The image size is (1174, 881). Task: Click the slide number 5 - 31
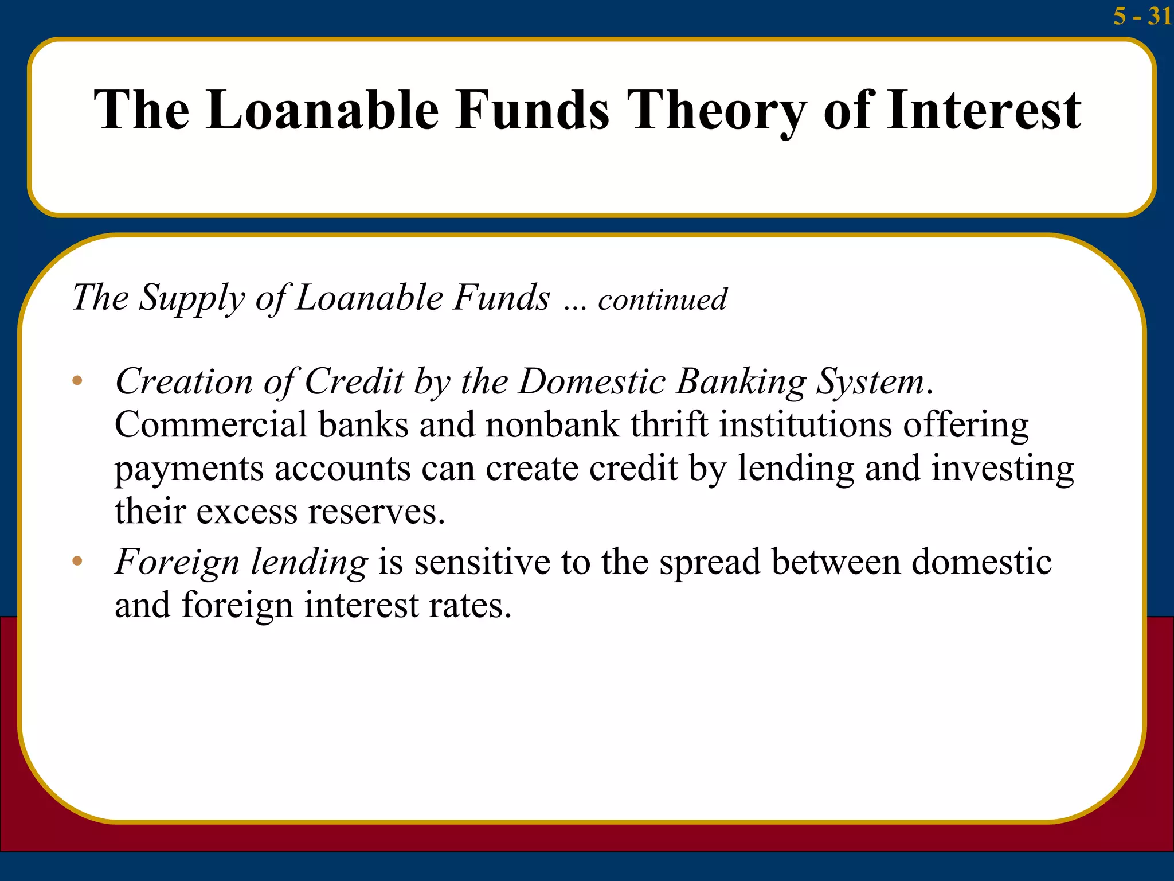point(1142,15)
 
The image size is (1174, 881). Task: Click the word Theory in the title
point(717,110)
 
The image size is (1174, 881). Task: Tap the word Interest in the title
point(984,110)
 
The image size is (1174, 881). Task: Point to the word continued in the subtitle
point(662,299)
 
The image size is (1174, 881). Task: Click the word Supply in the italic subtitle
point(191,298)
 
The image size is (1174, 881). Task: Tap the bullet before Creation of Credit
point(77,381)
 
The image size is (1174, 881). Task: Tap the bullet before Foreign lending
point(77,561)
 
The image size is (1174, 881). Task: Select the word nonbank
point(553,425)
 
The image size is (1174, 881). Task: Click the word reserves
point(376,511)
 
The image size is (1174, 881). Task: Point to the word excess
point(246,511)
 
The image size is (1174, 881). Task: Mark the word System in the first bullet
point(870,382)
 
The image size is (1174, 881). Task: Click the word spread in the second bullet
point(710,562)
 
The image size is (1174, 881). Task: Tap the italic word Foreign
point(177,562)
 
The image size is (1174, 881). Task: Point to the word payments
point(189,469)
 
